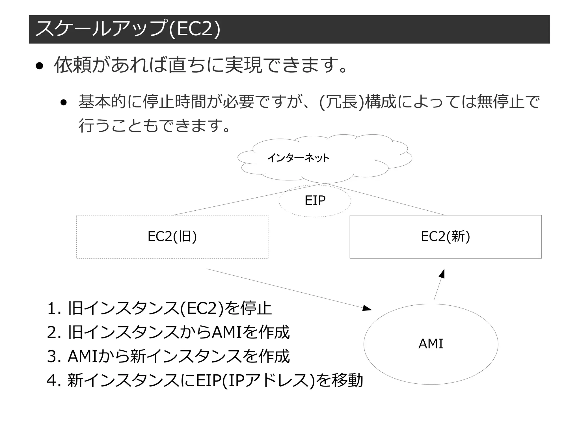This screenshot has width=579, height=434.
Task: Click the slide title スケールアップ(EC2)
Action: click(x=127, y=29)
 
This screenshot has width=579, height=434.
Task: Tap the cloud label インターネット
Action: click(x=298, y=158)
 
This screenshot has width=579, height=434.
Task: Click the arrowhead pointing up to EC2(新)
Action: click(x=442, y=274)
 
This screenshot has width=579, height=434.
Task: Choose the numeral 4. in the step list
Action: click(x=54, y=380)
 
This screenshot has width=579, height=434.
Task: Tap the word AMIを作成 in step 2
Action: click(x=250, y=332)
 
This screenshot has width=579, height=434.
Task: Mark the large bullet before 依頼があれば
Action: click(x=39, y=66)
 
